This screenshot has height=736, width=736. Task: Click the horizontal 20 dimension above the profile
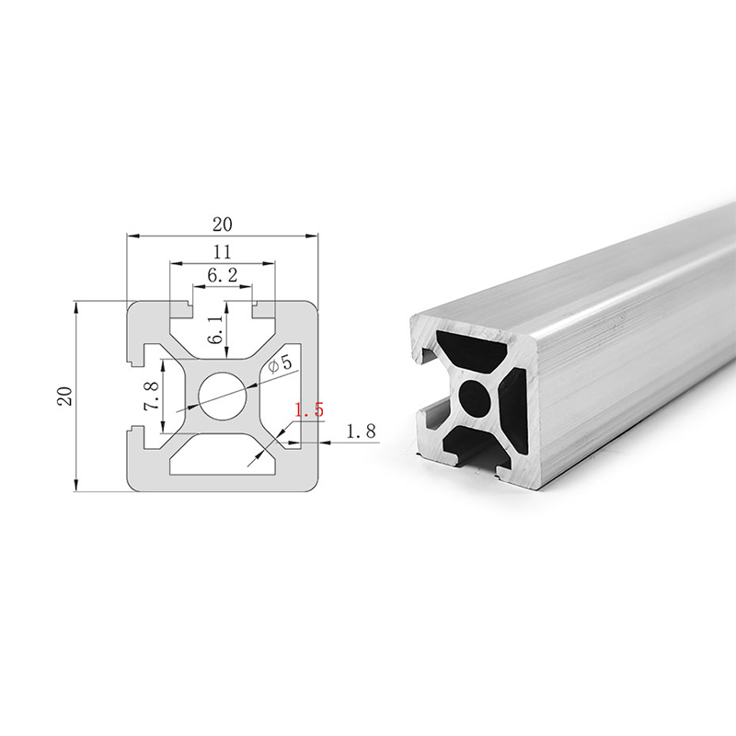point(223,224)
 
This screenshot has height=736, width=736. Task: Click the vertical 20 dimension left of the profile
point(64,397)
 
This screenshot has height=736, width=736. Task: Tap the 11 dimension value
point(223,252)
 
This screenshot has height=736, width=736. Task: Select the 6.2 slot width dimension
point(223,275)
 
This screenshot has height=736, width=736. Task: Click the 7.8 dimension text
point(152,397)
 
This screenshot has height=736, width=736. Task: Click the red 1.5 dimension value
point(309,409)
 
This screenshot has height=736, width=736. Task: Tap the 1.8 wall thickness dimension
point(361,431)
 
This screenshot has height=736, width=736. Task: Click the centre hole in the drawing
point(223,396)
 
